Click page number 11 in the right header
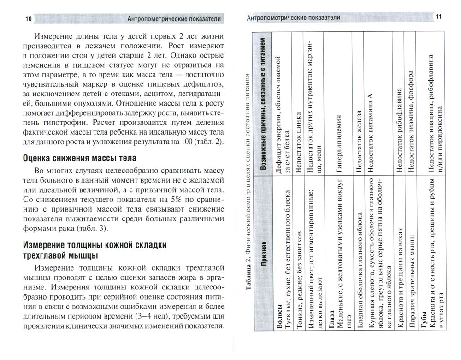pyautogui.click(x=437, y=17)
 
